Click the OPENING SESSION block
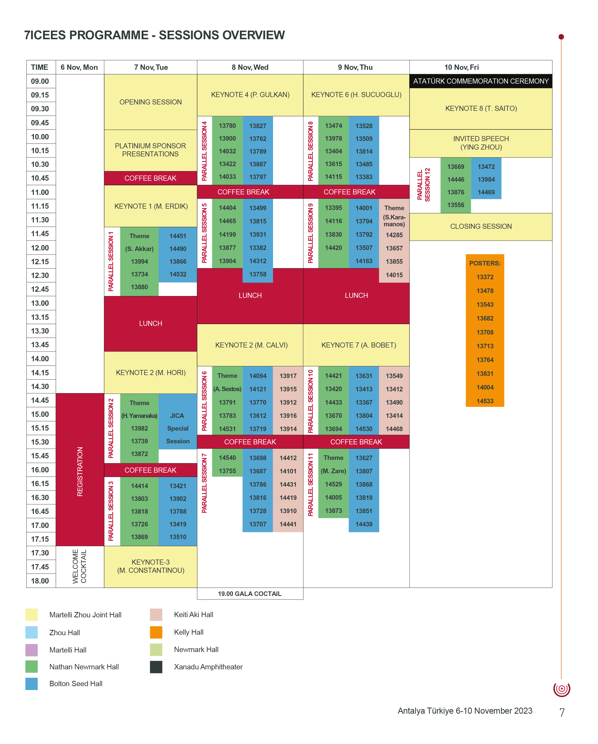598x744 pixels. click(x=150, y=102)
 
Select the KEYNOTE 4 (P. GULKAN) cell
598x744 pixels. click(x=250, y=95)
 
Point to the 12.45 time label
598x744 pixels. click(x=40, y=289)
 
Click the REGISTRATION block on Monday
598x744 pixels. click(x=80, y=471)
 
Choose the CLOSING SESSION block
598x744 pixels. click(x=481, y=226)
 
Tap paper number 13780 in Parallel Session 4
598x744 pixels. click(x=227, y=126)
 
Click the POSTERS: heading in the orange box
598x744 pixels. click(x=485, y=263)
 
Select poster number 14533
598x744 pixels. click(x=485, y=401)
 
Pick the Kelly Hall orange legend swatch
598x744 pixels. click(x=156, y=632)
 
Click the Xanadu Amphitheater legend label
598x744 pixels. click(x=208, y=667)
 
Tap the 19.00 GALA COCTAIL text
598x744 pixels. click(x=249, y=593)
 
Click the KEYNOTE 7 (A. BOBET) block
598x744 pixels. click(x=358, y=345)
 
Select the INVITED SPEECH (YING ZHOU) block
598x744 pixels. click(x=481, y=143)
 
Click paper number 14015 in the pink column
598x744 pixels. click(x=394, y=275)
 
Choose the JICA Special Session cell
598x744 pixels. click(x=178, y=428)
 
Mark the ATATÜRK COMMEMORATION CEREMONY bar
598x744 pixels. click(x=481, y=81)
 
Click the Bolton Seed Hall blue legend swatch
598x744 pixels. click(x=31, y=684)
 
